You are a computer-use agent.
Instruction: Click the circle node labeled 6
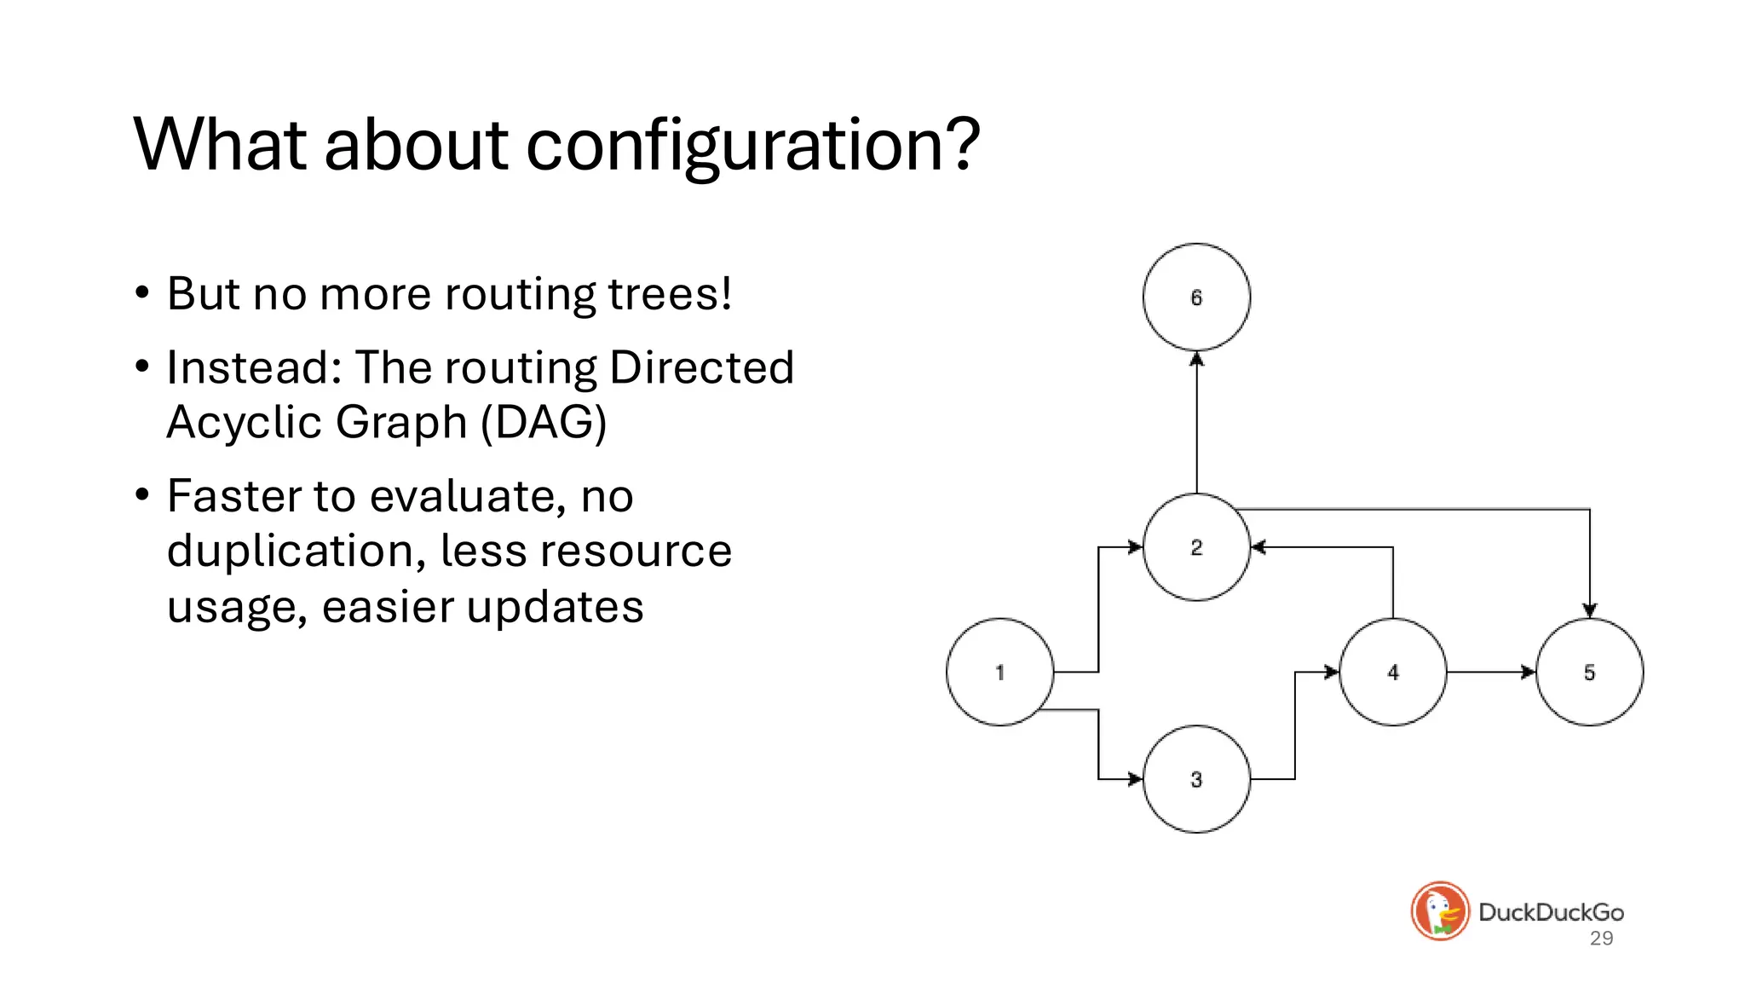click(x=1196, y=297)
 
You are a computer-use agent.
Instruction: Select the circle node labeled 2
click(x=1196, y=547)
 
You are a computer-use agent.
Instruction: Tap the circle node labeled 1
click(x=999, y=672)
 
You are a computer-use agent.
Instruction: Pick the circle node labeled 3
click(x=1196, y=779)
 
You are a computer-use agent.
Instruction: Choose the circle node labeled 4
click(x=1392, y=672)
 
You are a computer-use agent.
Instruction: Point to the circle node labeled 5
click(x=1589, y=672)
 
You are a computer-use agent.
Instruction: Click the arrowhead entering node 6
click(x=1196, y=360)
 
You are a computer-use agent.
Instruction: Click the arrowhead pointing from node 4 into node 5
click(x=1529, y=672)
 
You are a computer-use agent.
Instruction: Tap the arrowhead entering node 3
click(x=1135, y=779)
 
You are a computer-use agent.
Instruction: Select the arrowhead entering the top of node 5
click(x=1589, y=610)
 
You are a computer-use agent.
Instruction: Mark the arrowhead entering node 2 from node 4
click(x=1258, y=547)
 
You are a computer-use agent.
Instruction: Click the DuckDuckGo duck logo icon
click(x=1440, y=911)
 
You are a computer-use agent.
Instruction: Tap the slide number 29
click(x=1601, y=939)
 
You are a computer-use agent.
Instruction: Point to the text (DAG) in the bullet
click(x=544, y=422)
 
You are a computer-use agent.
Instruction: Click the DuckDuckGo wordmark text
click(x=1551, y=912)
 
